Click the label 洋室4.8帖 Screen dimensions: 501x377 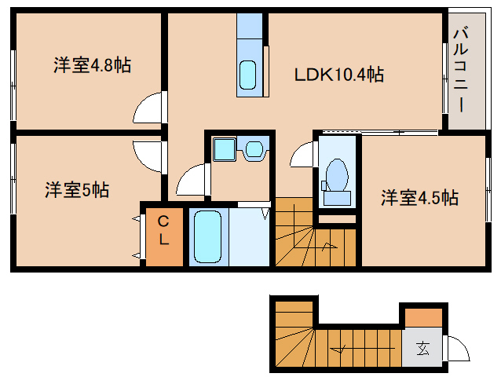pos(93,65)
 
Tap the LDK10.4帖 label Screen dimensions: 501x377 pos(339,75)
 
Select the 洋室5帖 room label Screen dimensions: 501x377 pos(77,190)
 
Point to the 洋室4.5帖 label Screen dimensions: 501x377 pos(419,197)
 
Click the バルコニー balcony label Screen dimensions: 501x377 pos(461,70)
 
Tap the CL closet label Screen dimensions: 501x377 pos(163,230)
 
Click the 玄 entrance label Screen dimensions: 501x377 pos(422,349)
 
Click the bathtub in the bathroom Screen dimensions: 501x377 pos(207,236)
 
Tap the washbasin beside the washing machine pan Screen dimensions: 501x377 pos(254,148)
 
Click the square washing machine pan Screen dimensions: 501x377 pos(225,149)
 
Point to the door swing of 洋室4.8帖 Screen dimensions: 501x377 pos(147,108)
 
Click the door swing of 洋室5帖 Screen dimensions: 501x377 pos(147,157)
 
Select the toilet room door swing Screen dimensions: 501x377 pos(302,154)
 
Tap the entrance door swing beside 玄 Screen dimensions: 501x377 pos(459,348)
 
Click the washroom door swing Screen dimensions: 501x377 pos(191,179)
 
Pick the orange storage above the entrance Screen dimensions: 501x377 pos(423,317)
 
